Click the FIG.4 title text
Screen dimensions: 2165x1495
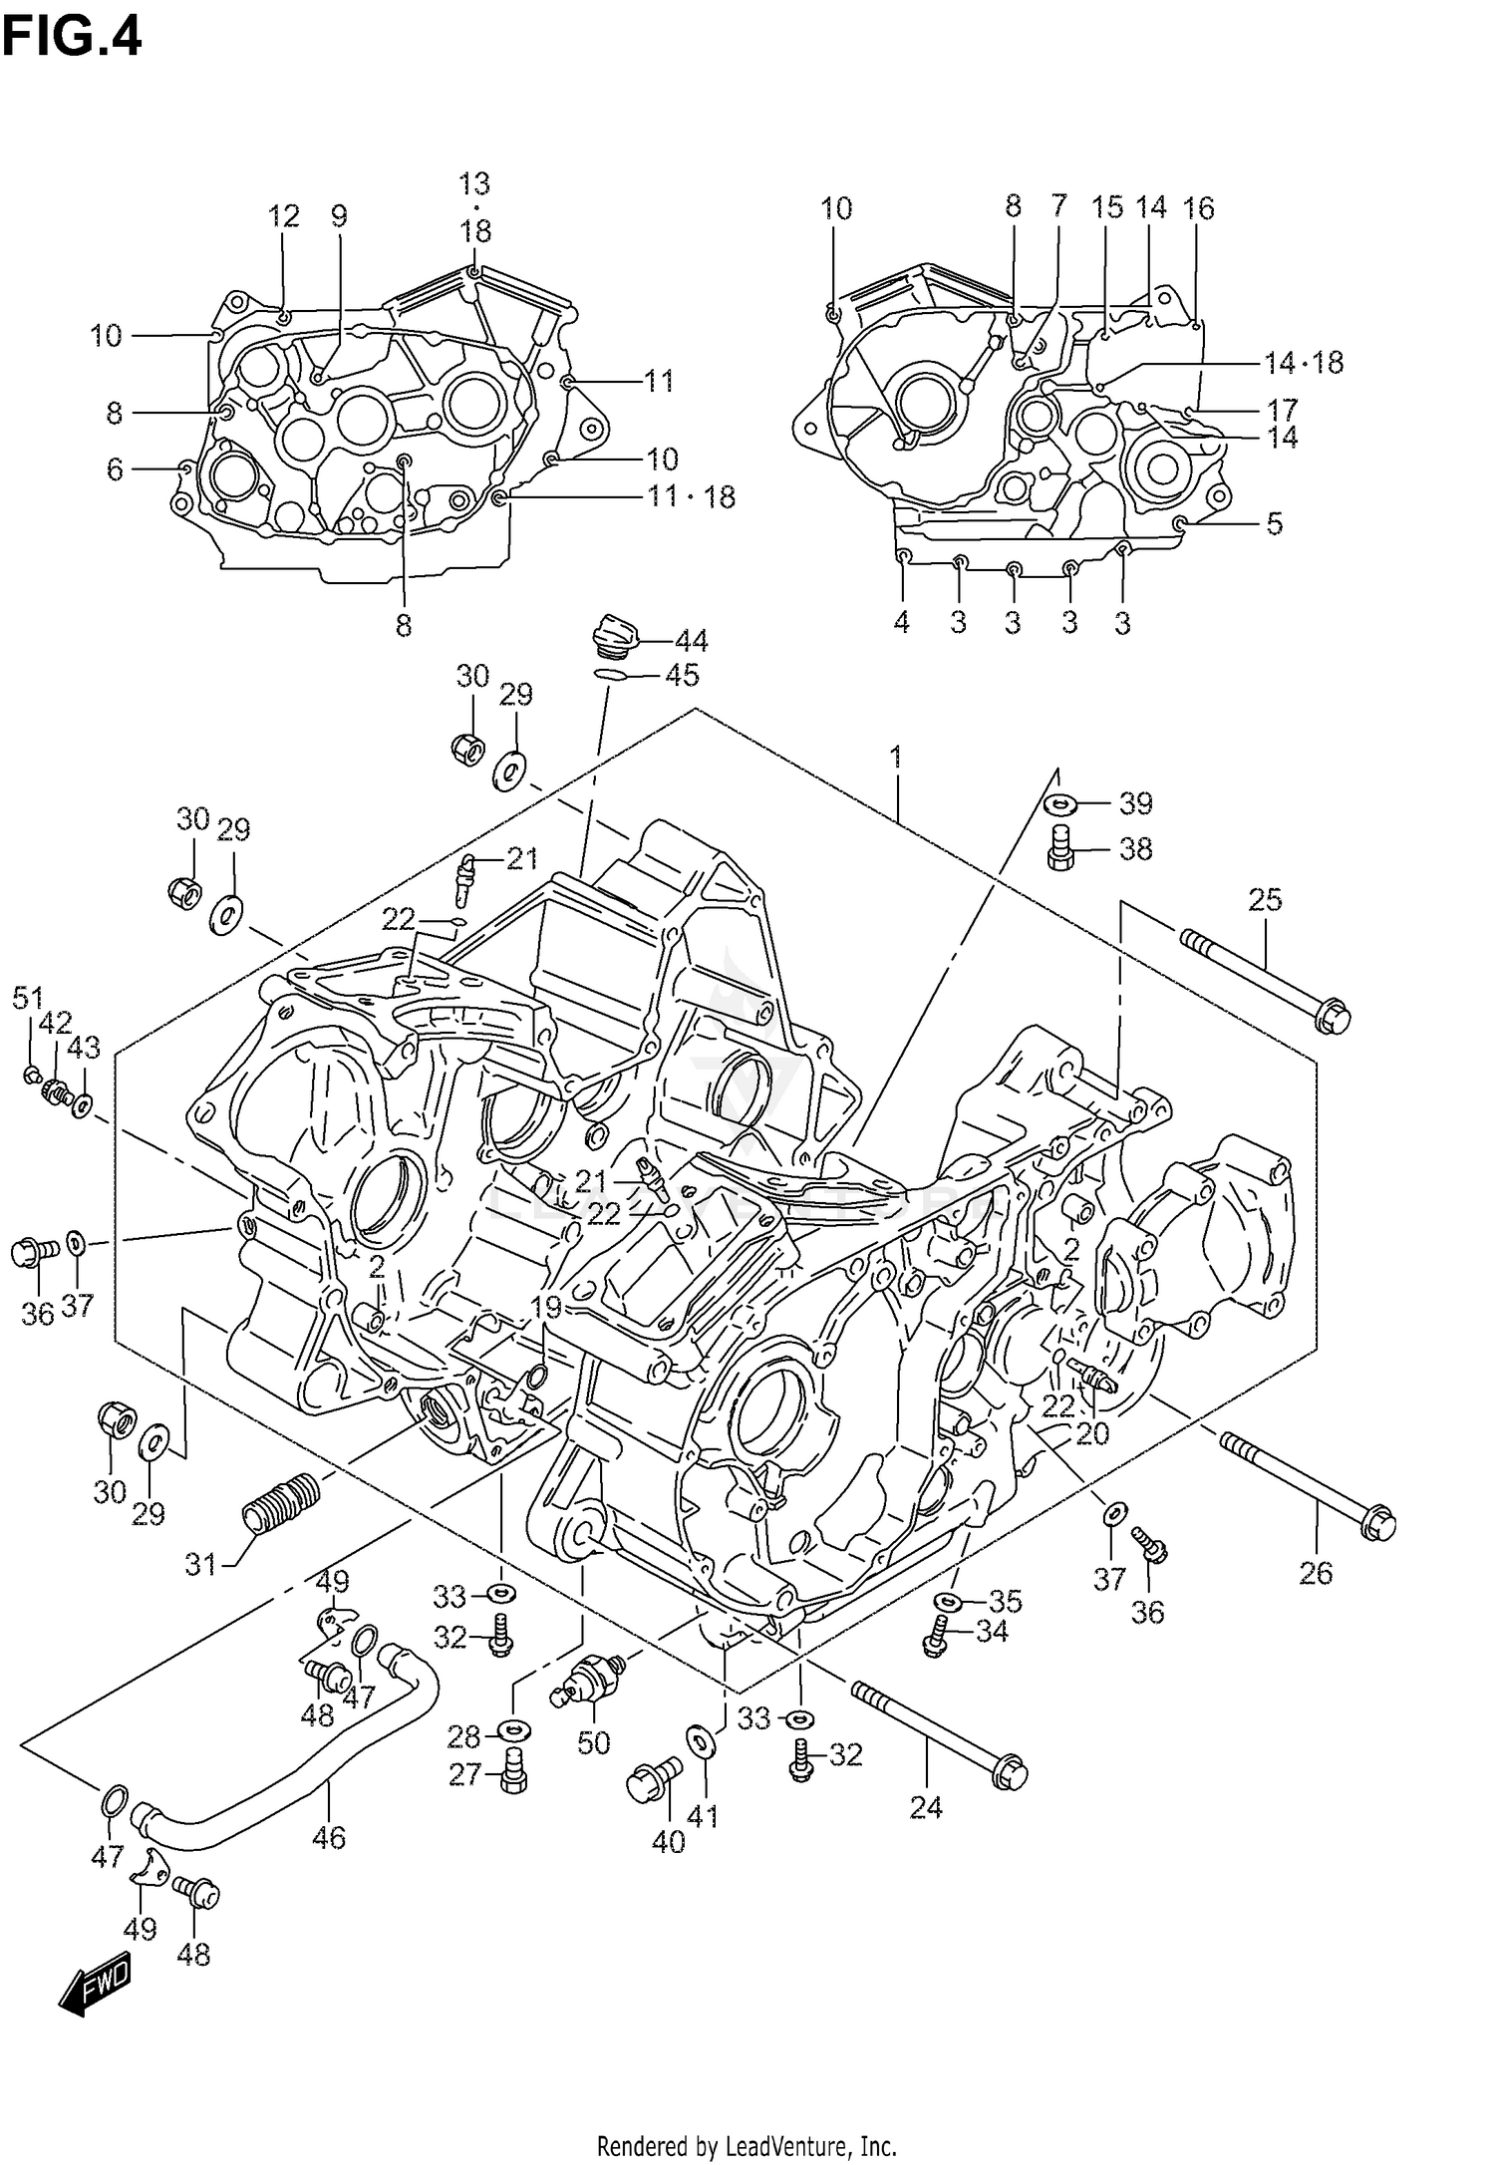click(72, 37)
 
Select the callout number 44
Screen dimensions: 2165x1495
click(691, 641)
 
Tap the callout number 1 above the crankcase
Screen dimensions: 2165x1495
click(896, 759)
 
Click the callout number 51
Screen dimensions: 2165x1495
click(28, 996)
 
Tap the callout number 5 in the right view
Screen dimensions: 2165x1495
click(1274, 523)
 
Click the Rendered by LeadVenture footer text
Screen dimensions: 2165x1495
click(747, 2138)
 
